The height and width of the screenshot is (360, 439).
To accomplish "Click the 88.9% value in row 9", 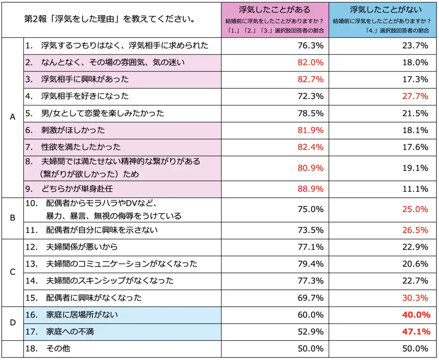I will tap(310, 189).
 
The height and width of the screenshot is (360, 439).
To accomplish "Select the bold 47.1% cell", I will tap(416, 332).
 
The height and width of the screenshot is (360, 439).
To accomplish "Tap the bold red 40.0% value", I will tap(416, 315).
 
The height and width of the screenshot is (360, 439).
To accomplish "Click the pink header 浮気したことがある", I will tap(275, 10).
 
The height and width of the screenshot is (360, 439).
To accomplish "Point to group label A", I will tap(13, 117).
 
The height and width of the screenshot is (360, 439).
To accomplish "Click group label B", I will tap(13, 218).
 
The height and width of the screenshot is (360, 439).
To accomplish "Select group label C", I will tap(13, 272).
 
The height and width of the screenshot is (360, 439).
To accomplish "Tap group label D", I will tap(13, 323).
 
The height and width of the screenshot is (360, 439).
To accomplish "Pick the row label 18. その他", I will tap(48, 349).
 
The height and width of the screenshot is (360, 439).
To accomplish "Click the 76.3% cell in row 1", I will tap(310, 46).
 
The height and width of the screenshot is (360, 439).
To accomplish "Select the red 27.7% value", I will tap(415, 96).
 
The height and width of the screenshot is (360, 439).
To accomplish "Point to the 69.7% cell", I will tap(310, 298).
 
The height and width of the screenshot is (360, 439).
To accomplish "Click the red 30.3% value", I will tap(415, 298).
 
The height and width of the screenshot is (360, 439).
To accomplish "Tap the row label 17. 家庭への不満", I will tap(60, 332).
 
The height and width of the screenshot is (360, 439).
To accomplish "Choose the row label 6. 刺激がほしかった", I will tap(65, 130).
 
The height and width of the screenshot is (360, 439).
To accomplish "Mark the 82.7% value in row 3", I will tap(310, 80).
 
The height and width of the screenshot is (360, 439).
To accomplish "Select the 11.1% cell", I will tap(415, 189).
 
